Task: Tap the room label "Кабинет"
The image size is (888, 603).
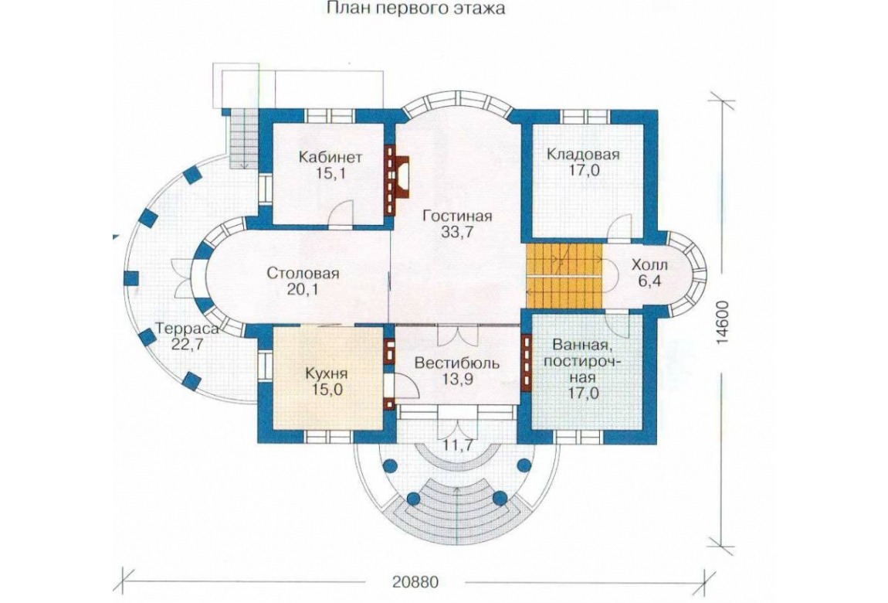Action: (330, 156)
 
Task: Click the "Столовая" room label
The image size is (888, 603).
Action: (303, 274)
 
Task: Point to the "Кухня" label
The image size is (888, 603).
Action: (326, 373)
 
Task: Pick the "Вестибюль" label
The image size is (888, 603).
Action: (456, 363)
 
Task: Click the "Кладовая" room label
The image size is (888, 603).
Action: (583, 154)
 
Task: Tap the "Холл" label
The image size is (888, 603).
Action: (649, 264)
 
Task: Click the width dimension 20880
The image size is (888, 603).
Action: (415, 583)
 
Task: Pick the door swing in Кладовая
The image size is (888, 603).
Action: (619, 227)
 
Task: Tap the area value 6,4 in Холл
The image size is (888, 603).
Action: (649, 281)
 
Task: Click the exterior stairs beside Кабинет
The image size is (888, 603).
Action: (243, 139)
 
